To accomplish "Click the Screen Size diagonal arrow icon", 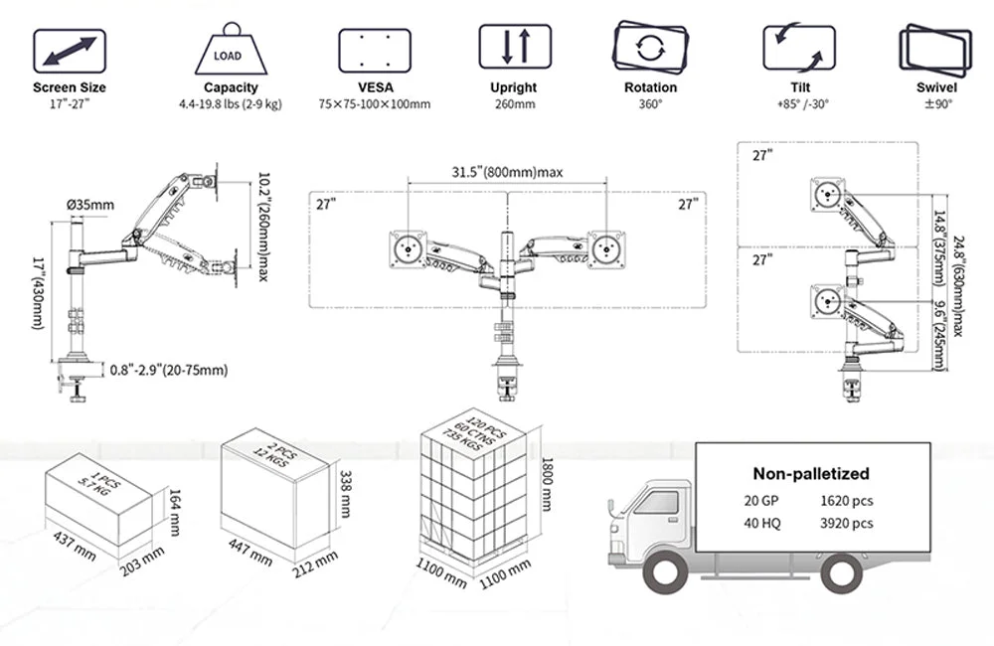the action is [70, 51].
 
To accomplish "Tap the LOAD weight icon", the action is [231, 50].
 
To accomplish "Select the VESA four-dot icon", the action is [374, 50].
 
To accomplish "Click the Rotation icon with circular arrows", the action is [650, 48].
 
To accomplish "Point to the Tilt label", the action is [800, 87].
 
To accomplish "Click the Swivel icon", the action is [935, 51].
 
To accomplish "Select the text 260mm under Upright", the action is [515, 104].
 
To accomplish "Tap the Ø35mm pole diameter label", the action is [90, 205].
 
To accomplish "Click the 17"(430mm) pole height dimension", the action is [38, 293].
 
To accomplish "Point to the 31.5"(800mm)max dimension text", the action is [507, 172].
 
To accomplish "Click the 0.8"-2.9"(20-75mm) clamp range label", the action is [169, 370].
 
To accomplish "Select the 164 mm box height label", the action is [174, 512].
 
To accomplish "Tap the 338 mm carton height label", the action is [346, 493].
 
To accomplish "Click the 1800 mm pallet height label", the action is [547, 484].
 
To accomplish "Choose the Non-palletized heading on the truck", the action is [811, 473].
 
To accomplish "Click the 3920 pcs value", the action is [846, 524].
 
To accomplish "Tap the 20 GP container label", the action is [760, 501].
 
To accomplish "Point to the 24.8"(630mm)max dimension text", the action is [958, 286].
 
